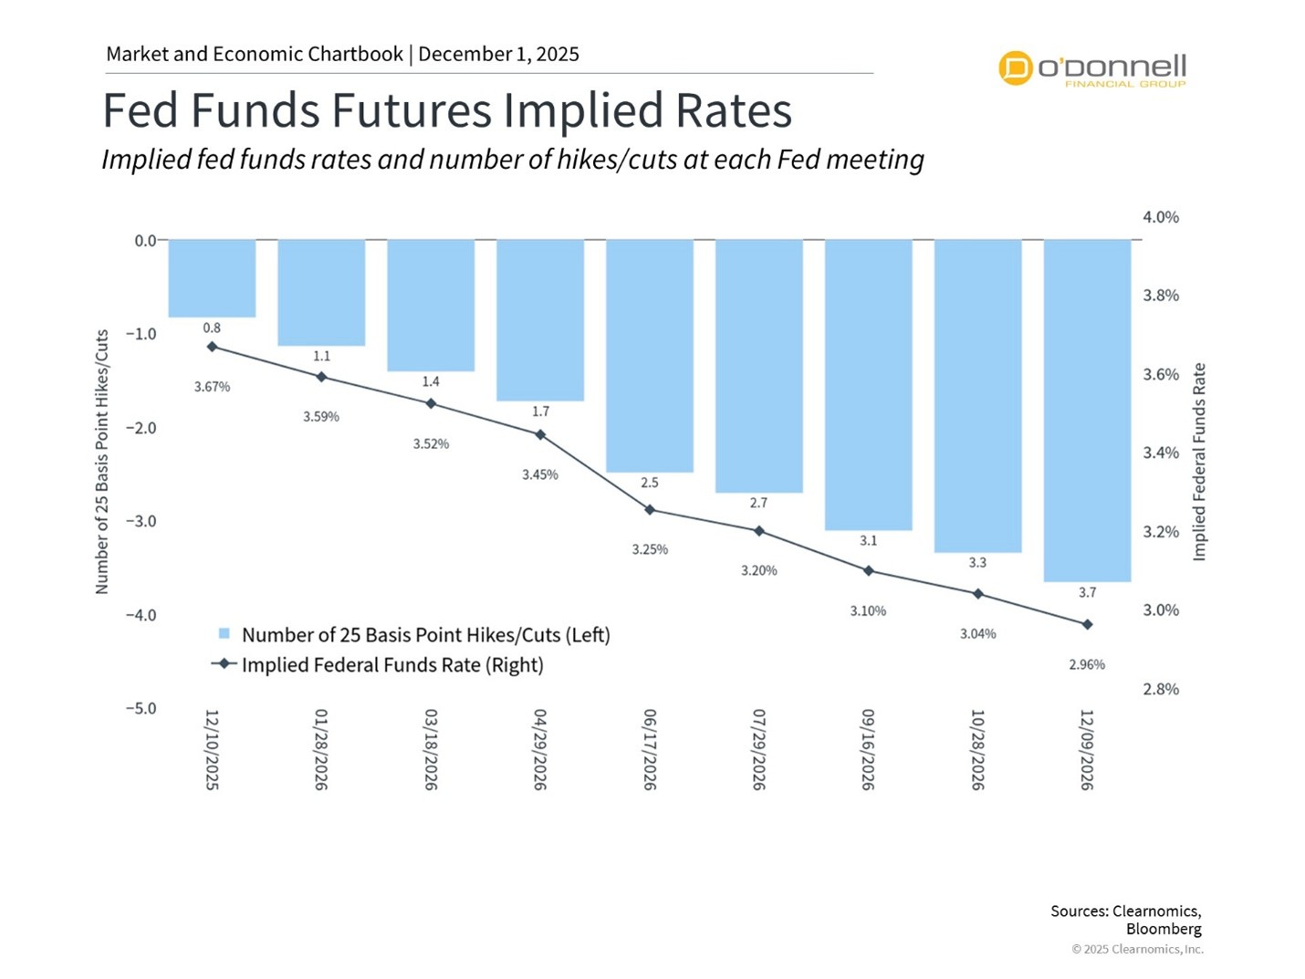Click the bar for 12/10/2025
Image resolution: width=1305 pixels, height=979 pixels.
(x=212, y=278)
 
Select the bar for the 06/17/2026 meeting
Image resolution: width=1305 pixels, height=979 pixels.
(x=650, y=356)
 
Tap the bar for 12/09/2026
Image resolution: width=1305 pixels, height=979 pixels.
(x=1087, y=411)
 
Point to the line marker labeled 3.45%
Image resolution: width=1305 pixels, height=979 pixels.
(x=540, y=435)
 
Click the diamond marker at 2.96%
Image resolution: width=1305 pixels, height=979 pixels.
(x=1087, y=625)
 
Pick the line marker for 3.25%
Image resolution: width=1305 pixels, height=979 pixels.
(x=650, y=510)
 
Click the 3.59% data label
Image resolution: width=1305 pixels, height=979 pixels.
(x=321, y=417)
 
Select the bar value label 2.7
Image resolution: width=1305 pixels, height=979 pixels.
(x=758, y=503)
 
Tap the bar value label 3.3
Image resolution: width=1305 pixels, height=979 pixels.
(x=977, y=563)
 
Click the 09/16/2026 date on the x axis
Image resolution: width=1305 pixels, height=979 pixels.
(x=868, y=749)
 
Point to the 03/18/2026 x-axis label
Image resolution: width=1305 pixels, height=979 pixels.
(x=431, y=749)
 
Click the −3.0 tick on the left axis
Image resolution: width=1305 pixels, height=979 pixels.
(x=141, y=521)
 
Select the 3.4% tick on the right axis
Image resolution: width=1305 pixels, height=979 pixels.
(x=1161, y=453)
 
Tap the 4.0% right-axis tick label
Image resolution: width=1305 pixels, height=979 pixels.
(x=1161, y=217)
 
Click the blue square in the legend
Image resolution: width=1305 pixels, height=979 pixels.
(x=224, y=634)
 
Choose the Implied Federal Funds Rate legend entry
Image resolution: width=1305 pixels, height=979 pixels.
(x=391, y=665)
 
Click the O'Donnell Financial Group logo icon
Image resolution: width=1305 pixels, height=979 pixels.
(x=1015, y=68)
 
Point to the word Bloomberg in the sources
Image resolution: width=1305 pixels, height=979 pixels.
(x=1164, y=929)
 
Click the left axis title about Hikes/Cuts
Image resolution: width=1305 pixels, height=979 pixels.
(x=102, y=462)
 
